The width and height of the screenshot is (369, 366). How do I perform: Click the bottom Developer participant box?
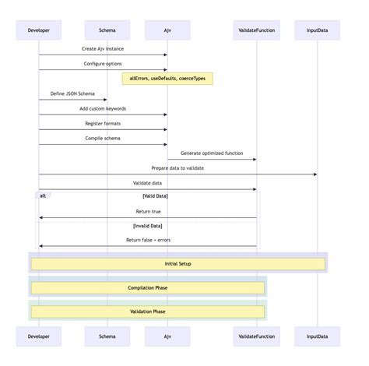pos(39,336)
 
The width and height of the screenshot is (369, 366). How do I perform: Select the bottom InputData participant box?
pos(317,336)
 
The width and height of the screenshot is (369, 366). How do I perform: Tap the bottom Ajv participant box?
pos(167,336)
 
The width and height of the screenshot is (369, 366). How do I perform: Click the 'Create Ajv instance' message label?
pos(103,48)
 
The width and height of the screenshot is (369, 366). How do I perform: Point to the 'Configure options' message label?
pos(103,63)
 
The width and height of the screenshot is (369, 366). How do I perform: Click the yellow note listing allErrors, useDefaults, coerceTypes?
pos(167,79)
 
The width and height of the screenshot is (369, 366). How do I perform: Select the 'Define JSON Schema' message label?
pos(72,93)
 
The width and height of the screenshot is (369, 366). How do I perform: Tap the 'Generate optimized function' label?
pos(212,153)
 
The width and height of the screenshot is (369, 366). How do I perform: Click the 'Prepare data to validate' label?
pos(177,167)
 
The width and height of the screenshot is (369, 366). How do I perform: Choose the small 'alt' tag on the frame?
pos(44,195)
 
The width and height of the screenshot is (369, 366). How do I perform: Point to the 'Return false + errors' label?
pos(148,240)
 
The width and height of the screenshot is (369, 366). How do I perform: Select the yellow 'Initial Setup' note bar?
pos(177,264)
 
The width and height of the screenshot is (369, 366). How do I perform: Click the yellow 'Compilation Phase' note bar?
pos(148,288)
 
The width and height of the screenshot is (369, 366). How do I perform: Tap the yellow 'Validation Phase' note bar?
pos(148,311)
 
